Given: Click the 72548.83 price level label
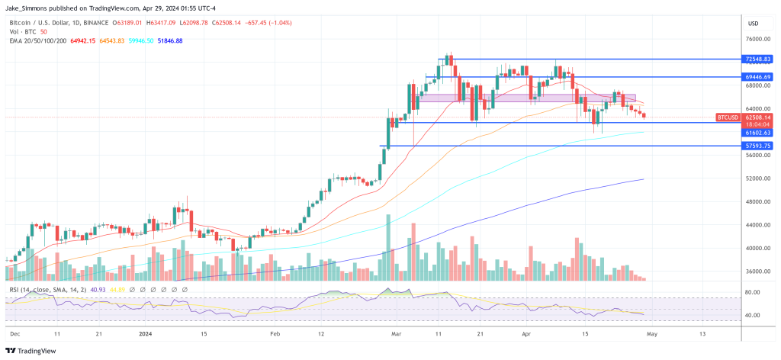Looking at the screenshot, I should pyautogui.click(x=760, y=59).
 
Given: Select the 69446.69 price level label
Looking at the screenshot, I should pyautogui.click(x=760, y=77).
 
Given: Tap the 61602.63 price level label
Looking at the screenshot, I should pyautogui.click(x=760, y=132).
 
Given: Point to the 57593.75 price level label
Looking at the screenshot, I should pyautogui.click(x=760, y=146).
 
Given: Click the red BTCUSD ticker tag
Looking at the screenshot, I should pyautogui.click(x=728, y=117).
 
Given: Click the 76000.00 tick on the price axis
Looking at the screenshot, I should pyautogui.click(x=759, y=40).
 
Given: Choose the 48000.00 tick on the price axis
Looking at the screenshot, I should pyautogui.click(x=759, y=202).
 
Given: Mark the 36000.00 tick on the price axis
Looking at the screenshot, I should pyautogui.click(x=759, y=272).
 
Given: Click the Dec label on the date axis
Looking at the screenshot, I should pyautogui.click(x=14, y=334).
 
